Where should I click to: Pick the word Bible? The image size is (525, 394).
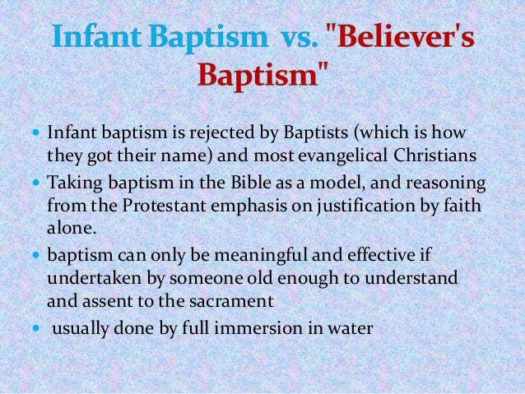(221, 182)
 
